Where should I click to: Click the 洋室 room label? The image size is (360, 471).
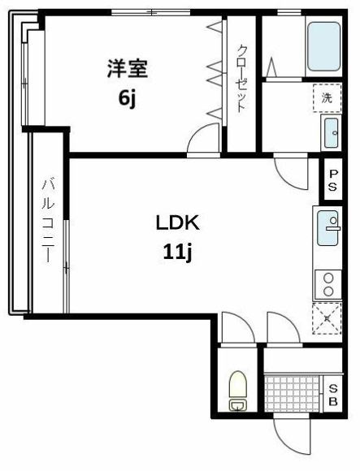pyautogui.click(x=128, y=68)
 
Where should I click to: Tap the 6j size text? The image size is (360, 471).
pyautogui.click(x=127, y=98)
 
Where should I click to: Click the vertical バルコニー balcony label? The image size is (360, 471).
pyautogui.click(x=48, y=219)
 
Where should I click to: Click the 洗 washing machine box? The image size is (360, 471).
pyautogui.click(x=327, y=97)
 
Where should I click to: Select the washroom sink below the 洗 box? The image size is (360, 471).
pyautogui.click(x=331, y=133)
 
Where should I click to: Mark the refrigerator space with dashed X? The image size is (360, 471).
pyautogui.click(x=327, y=318)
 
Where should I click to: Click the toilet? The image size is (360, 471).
pyautogui.click(x=237, y=391)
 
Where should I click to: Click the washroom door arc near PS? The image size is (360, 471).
pyautogui.click(x=288, y=168)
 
